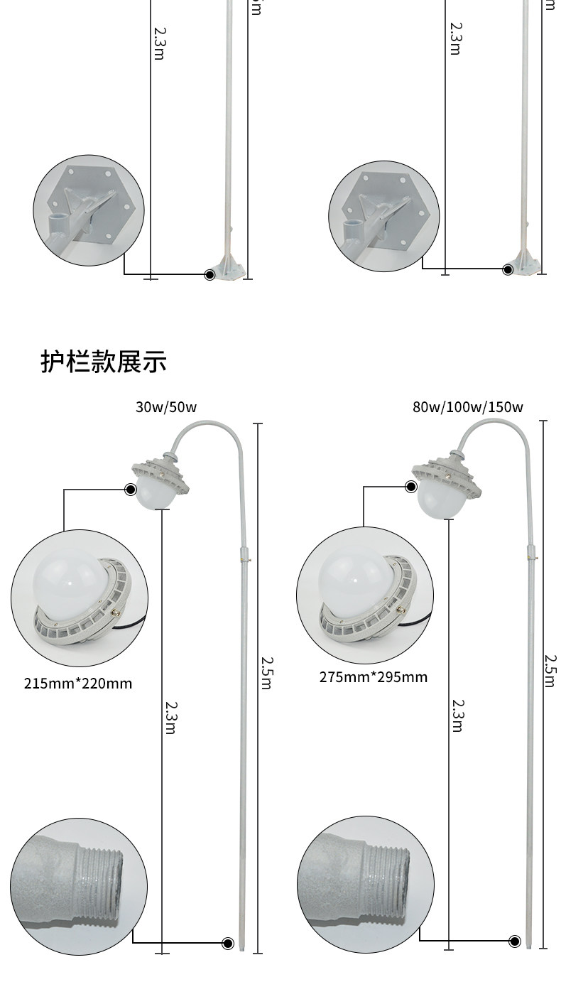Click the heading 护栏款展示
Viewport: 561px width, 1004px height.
click(104, 362)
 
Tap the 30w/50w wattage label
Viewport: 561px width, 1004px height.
click(166, 407)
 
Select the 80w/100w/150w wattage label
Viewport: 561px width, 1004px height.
click(467, 407)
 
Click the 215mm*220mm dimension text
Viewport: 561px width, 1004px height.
click(78, 684)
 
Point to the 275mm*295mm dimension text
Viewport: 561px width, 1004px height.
click(374, 677)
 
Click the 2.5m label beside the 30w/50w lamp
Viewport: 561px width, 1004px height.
click(266, 673)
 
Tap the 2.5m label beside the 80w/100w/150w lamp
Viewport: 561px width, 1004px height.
click(550, 670)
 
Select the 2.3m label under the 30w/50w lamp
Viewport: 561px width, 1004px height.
click(170, 718)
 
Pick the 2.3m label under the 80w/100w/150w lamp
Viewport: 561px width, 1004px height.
click(458, 716)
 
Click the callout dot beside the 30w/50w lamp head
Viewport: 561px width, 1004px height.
click(131, 489)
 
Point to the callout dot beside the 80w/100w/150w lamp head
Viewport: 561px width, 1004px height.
click(411, 487)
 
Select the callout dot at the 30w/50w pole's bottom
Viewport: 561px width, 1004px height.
click(228, 943)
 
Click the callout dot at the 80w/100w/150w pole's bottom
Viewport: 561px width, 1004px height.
click(515, 941)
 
